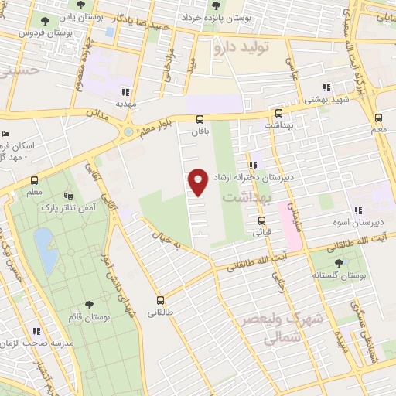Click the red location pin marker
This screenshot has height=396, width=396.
[198, 181]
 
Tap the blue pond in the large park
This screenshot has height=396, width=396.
[45, 252]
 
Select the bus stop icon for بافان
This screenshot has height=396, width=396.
[200, 119]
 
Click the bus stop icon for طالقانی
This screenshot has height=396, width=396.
[161, 300]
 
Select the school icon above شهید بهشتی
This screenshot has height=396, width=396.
[327, 88]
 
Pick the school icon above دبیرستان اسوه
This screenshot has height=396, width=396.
[357, 210]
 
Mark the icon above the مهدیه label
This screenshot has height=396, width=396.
[125, 90]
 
